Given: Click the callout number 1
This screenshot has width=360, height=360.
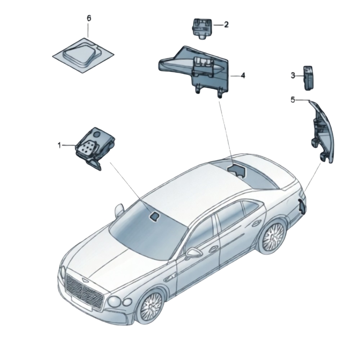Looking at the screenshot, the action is [59, 145].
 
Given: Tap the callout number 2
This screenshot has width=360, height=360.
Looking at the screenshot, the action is [226, 24].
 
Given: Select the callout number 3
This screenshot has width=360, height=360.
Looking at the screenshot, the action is [293, 75].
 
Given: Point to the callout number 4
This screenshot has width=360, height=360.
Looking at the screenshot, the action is [243, 75].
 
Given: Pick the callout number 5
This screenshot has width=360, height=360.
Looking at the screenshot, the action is [293, 100].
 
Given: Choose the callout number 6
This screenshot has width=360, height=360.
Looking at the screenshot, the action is [89, 18].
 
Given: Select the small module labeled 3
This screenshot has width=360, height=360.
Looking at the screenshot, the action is [309, 78].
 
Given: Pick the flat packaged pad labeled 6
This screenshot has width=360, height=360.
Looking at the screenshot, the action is [83, 55].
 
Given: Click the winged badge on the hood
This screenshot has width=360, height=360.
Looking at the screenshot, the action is [83, 280].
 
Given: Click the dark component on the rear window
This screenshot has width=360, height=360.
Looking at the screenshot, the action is [237, 170].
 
